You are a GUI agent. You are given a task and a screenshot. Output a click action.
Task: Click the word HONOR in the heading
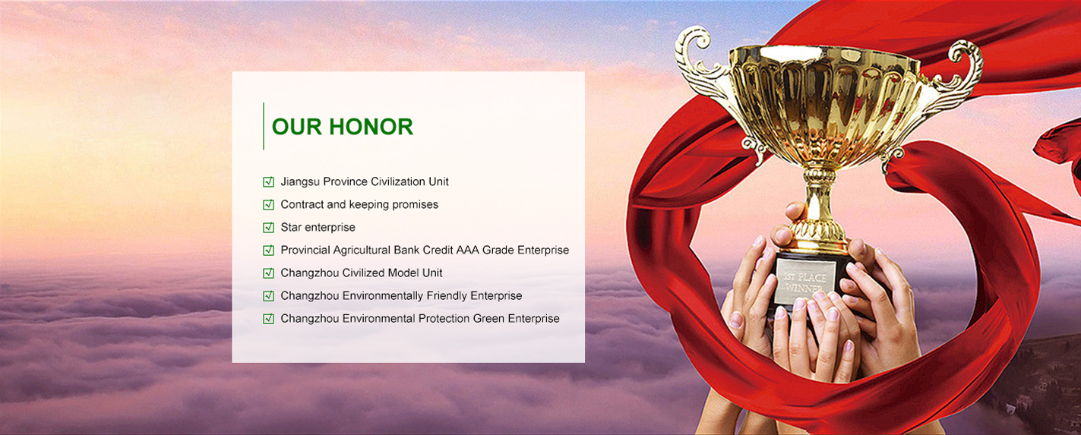[371, 127]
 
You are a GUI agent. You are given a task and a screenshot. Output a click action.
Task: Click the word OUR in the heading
[297, 127]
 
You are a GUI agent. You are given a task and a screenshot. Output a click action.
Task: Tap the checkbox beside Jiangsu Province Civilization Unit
[268, 181]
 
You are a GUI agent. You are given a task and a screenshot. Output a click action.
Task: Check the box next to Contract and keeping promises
[268, 204]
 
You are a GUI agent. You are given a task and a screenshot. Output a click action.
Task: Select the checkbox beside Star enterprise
[268, 227]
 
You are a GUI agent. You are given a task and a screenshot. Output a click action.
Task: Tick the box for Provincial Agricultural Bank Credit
[268, 251]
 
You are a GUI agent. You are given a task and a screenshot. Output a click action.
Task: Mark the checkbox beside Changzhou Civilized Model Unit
[268, 273]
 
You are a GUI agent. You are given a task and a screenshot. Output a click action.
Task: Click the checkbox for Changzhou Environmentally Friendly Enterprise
[268, 295]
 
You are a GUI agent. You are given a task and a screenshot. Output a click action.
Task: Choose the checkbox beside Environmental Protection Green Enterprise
[268, 318]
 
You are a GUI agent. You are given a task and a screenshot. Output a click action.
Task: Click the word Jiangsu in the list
[300, 181]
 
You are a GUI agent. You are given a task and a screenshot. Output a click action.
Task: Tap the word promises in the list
[415, 205]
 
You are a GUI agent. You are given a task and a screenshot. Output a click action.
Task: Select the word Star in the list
[291, 227]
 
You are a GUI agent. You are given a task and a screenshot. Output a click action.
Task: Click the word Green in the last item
[489, 318]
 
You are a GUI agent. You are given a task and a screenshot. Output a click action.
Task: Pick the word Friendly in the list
[447, 295]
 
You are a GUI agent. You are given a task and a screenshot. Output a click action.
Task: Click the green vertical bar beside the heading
[264, 126]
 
